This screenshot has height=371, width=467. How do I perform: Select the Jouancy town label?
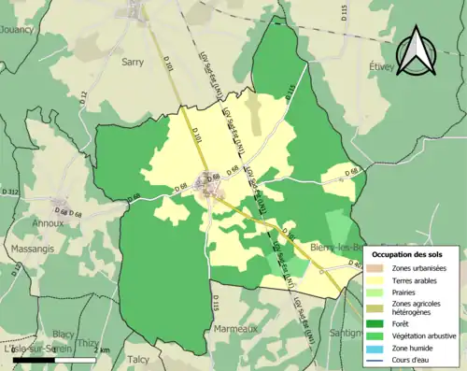coord(16,29)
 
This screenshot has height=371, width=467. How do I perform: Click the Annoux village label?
coord(49,223)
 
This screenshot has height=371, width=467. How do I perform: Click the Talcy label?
coord(138,359)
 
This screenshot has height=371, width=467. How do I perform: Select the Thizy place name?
coord(88,343)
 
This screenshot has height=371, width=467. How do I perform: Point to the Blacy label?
coord(64,334)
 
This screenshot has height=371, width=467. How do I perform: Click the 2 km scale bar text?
coord(105,350)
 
